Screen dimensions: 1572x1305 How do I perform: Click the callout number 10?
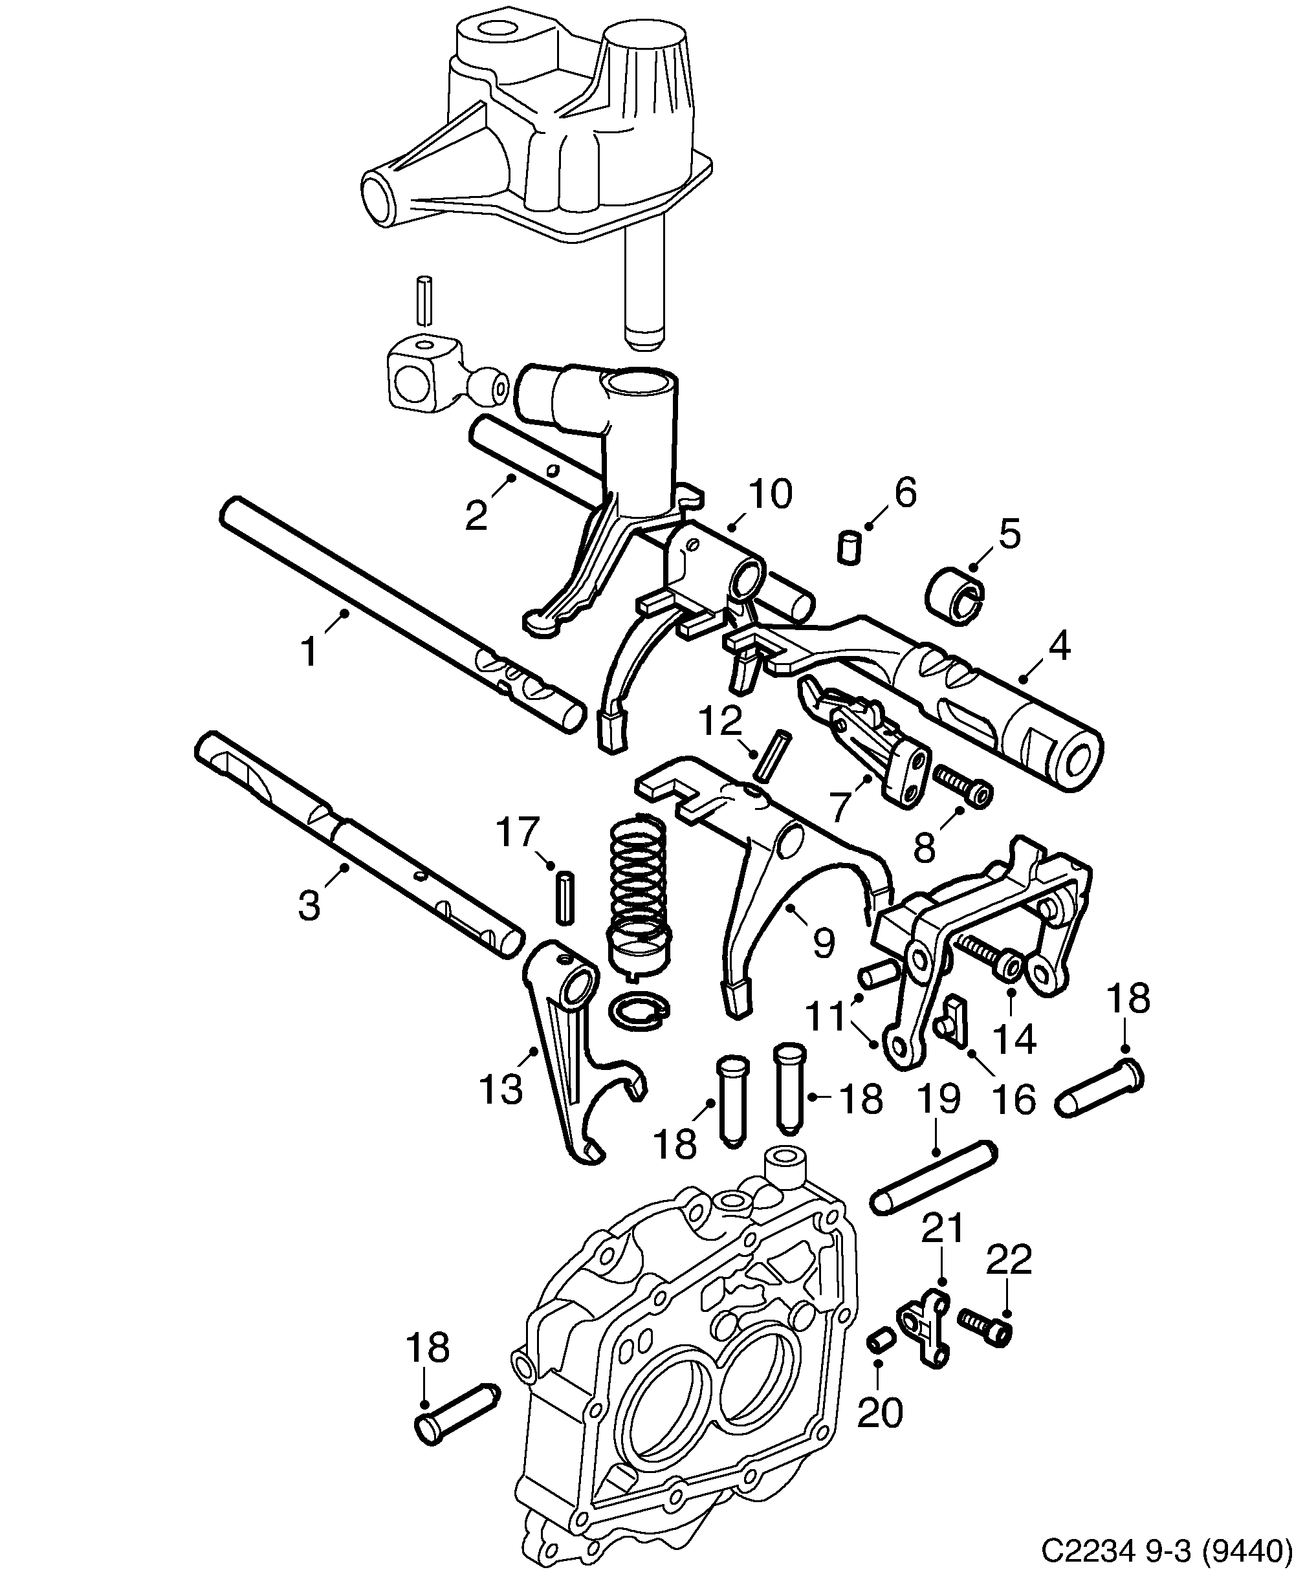click(x=771, y=495)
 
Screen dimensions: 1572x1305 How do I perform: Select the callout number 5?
click(x=1009, y=535)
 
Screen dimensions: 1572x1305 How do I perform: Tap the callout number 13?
click(x=500, y=1089)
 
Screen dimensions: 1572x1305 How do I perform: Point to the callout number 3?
click(x=309, y=906)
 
